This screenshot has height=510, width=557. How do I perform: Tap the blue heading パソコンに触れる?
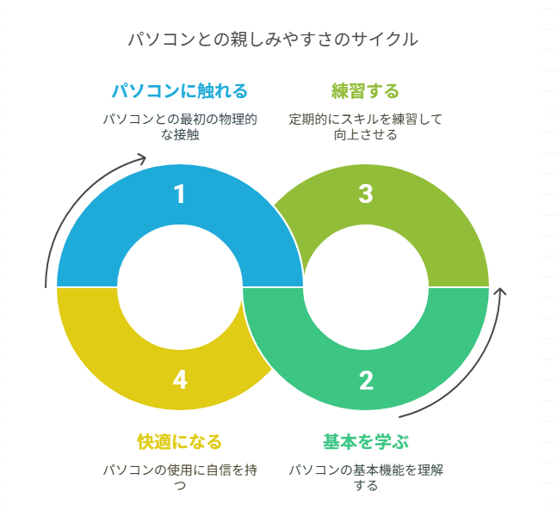point(179,90)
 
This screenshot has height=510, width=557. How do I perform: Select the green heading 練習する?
point(365,90)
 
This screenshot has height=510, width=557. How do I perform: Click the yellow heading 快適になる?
point(179,442)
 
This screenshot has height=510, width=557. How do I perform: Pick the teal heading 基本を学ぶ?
point(365,442)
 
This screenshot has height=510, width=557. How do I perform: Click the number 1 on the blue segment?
point(179,194)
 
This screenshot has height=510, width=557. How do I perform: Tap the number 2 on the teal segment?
point(366,379)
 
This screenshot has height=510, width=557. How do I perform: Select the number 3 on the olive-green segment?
point(366,194)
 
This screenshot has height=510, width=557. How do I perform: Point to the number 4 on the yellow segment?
point(179,379)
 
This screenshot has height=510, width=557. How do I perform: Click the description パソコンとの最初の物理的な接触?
point(179,126)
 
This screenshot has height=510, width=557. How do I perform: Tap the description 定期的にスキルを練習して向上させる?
point(365,126)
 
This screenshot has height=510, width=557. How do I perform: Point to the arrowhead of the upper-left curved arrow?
point(142,159)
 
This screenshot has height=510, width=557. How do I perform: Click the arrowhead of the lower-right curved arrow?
point(500,293)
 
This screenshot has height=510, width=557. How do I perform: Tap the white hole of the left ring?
point(179,286)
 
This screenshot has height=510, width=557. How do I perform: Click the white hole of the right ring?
point(366,286)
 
